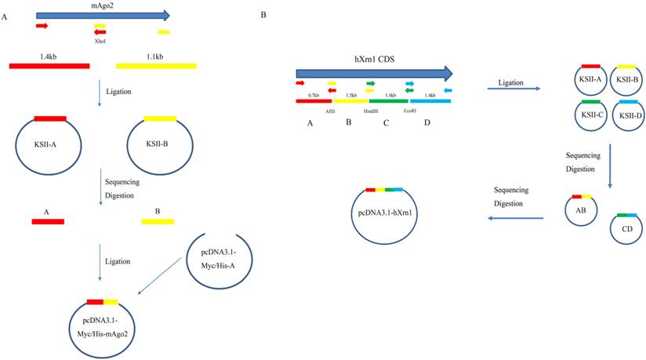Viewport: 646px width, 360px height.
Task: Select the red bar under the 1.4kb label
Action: (x=49, y=65)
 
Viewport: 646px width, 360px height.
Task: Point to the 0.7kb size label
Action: (x=314, y=94)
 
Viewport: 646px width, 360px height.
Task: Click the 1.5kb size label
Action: (x=350, y=94)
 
